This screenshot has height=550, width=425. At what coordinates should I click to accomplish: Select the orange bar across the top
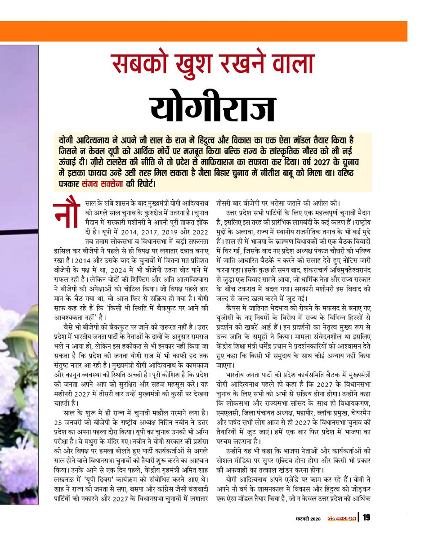(212, 31)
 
